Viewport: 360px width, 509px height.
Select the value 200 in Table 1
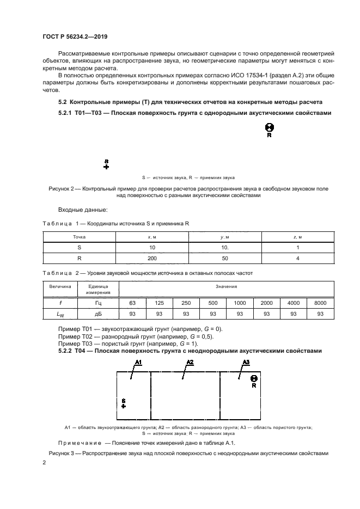[152, 259]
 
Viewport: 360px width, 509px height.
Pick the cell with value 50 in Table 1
[225, 259]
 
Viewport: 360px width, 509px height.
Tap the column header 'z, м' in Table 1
[297, 237]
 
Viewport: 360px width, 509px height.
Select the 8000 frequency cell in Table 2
[320, 302]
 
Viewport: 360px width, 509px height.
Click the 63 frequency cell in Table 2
[132, 302]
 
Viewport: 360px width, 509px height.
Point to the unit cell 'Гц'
[98, 302]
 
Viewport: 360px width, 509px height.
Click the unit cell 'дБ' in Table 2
[98, 314]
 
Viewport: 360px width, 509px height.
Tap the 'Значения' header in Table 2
[225, 286]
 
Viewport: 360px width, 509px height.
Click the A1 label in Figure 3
[138, 362]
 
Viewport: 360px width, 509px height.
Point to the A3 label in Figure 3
[246, 362]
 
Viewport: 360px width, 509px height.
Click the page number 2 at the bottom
[44, 462]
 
